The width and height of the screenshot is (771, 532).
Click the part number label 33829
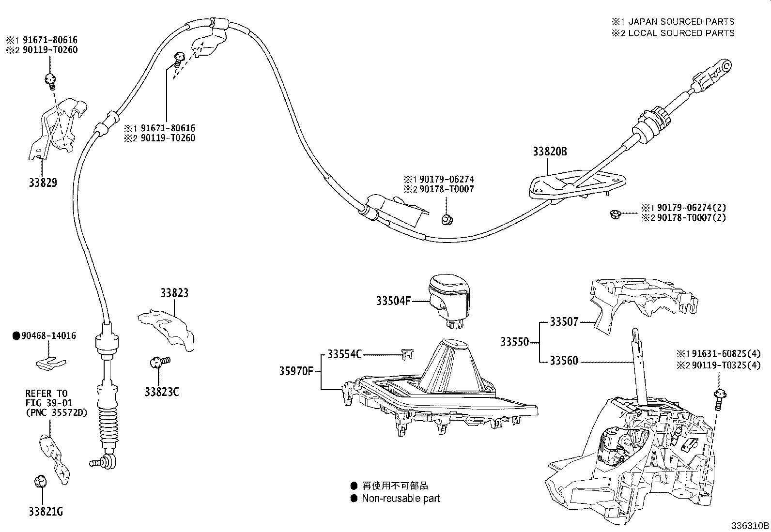pos(43,183)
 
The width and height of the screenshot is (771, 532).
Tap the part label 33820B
pos(550,152)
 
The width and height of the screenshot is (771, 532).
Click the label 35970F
pos(297,372)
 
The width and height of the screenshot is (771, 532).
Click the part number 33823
pos(174,293)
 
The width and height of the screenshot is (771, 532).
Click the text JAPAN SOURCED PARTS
pos(681,22)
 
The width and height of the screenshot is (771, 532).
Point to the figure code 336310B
pos(750,525)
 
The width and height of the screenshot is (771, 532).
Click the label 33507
pos(564,322)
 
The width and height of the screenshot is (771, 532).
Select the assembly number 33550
pos(514,342)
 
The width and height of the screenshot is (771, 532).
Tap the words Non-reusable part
pos(401,498)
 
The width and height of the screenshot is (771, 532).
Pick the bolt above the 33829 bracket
pos(50,78)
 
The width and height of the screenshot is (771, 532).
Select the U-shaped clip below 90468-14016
pos(51,361)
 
